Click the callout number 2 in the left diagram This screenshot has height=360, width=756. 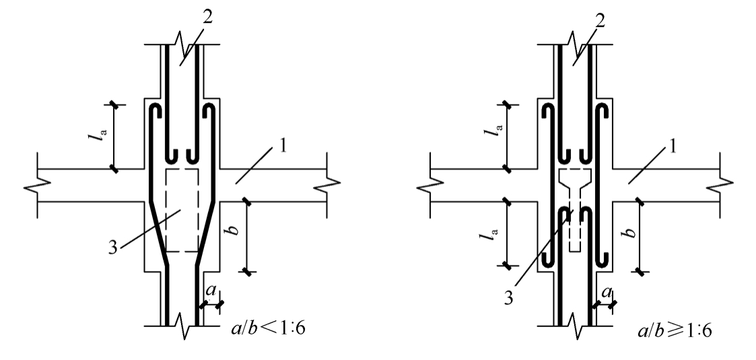pyautogui.click(x=207, y=17)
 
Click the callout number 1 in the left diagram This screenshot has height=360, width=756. pyautogui.click(x=283, y=145)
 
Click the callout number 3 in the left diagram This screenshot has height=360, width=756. pyautogui.click(x=113, y=248)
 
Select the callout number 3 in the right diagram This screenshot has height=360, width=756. pyautogui.click(x=508, y=298)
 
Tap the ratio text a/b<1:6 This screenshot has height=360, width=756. pyautogui.click(x=268, y=328)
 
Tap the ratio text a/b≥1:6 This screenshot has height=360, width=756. pyautogui.click(x=675, y=330)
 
